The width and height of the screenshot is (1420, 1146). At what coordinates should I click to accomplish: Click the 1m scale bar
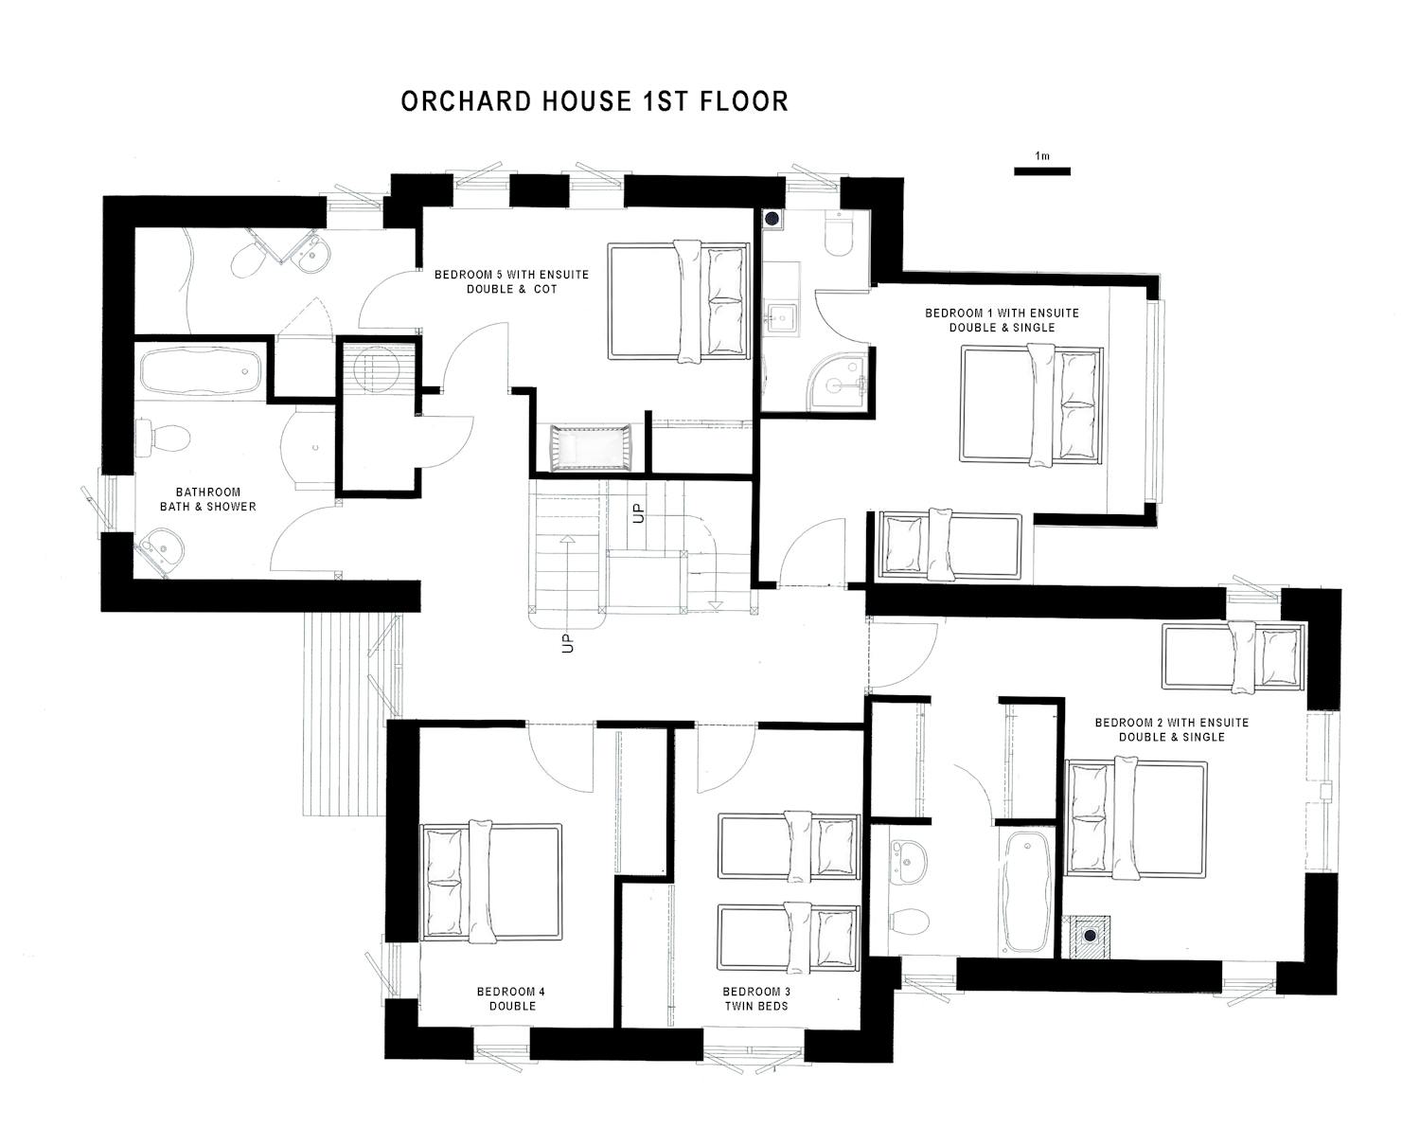[x=1042, y=171]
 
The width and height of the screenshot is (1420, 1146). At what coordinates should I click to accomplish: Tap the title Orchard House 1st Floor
[x=595, y=101]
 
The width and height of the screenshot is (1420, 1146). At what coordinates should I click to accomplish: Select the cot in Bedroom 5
[x=591, y=448]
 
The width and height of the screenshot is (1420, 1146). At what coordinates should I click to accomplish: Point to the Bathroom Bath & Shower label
[x=208, y=499]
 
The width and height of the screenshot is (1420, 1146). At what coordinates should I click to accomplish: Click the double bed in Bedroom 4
[x=491, y=882]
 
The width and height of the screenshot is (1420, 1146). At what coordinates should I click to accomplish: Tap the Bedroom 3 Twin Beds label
[x=756, y=999]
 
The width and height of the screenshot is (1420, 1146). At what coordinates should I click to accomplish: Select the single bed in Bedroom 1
[x=950, y=546]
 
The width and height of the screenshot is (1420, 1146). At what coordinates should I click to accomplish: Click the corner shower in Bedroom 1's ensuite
[x=837, y=385]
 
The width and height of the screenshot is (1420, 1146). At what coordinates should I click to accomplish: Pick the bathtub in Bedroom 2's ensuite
[x=1025, y=892]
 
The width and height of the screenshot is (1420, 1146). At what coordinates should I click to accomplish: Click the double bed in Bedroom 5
[x=679, y=301]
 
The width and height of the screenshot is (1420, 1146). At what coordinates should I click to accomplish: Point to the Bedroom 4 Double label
[x=511, y=999]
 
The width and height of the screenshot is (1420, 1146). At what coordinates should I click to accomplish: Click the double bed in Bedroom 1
[x=1031, y=406]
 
